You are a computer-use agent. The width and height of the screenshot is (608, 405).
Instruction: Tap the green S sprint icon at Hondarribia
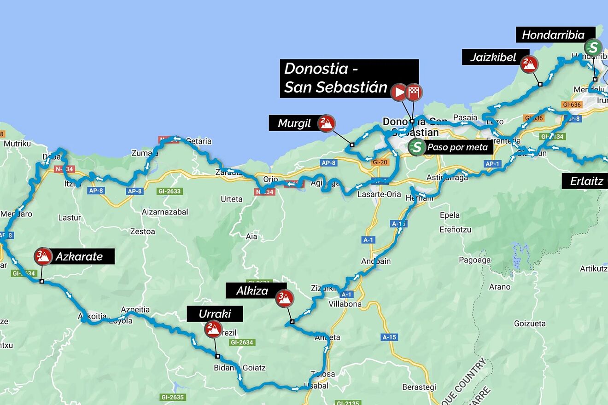tap(593, 47)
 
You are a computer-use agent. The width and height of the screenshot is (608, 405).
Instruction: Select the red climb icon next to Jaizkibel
tap(529, 64)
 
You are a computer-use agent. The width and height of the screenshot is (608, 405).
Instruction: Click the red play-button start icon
tap(399, 92)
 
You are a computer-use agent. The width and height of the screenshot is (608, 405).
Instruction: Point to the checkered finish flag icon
tap(414, 92)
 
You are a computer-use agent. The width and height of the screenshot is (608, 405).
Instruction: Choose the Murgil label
tap(294, 123)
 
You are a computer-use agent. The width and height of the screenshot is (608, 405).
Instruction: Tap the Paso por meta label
tap(457, 148)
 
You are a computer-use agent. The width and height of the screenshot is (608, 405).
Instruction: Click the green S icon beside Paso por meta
tap(417, 147)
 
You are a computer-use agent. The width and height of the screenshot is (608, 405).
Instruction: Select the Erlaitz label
tap(586, 181)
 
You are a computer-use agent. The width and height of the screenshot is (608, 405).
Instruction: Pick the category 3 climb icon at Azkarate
tap(43, 256)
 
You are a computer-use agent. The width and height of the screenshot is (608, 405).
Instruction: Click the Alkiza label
tap(252, 291)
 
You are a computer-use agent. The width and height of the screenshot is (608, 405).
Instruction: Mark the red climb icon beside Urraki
tap(213, 329)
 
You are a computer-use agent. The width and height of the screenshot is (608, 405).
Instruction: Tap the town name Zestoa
tap(142, 231)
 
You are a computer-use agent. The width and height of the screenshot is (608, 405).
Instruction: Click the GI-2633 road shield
tap(170, 191)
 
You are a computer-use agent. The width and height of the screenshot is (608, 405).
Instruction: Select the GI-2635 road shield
tap(172, 397)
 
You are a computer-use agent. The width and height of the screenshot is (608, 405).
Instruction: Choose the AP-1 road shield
tap(492, 164)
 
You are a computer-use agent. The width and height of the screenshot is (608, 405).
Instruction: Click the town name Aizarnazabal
tap(165, 212)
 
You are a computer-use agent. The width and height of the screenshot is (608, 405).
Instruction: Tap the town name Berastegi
tap(419, 387)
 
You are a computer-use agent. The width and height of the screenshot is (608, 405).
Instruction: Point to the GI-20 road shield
tap(380, 162)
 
